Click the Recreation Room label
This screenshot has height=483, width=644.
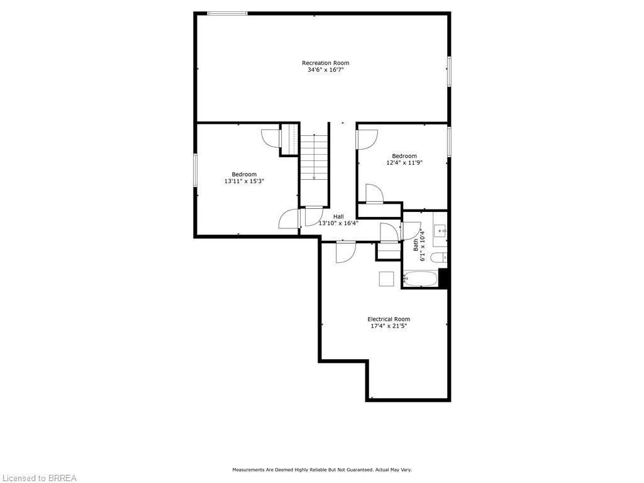(x=325, y=63)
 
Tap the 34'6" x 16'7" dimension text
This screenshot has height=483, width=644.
(x=325, y=70)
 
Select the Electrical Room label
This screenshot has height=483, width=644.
(x=389, y=319)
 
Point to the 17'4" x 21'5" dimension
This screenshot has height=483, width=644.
(x=389, y=326)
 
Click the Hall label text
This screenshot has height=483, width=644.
(x=338, y=216)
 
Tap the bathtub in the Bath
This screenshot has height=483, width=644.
(x=420, y=279)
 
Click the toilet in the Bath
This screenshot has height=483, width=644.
(x=443, y=257)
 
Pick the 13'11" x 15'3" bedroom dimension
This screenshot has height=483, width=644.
(x=244, y=181)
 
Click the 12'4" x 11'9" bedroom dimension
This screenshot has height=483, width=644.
(x=404, y=163)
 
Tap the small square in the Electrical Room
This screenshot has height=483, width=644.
(x=386, y=279)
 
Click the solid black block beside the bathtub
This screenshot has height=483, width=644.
(x=443, y=278)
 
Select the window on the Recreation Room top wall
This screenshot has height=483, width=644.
(x=227, y=13)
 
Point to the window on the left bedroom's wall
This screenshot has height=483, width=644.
(x=196, y=169)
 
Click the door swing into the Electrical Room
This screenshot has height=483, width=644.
(x=345, y=253)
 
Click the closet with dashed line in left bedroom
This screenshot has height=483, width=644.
(x=292, y=138)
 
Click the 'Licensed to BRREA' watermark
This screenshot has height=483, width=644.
(x=38, y=478)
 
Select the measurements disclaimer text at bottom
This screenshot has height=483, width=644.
(x=322, y=470)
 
